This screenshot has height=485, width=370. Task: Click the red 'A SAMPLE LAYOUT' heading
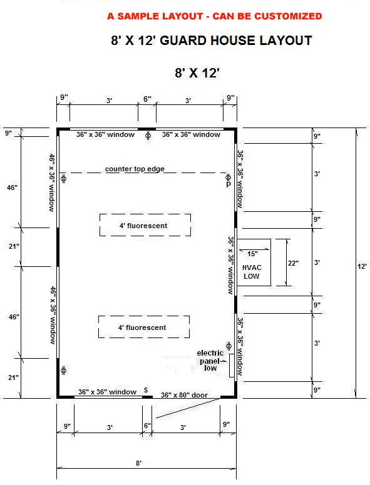(x=215, y=16)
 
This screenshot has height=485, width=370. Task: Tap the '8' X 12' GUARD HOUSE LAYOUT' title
(x=212, y=41)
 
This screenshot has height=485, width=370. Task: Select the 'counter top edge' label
(x=135, y=169)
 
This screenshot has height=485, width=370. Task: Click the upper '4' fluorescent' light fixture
(x=145, y=225)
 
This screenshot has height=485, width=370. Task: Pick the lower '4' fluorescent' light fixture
(x=144, y=327)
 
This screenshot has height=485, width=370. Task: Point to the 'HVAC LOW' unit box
(x=254, y=262)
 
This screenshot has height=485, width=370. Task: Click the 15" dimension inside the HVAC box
(x=252, y=254)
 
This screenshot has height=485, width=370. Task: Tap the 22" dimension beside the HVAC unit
(x=293, y=263)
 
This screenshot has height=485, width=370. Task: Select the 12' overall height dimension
(x=362, y=266)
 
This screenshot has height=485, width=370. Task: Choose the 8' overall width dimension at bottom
(x=138, y=463)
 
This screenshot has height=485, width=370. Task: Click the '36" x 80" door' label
(x=184, y=395)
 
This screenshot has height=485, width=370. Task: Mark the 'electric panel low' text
(x=210, y=361)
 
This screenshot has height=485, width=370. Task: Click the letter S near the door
(x=146, y=390)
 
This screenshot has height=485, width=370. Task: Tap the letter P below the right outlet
(x=229, y=184)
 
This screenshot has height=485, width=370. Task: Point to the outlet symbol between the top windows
(x=148, y=136)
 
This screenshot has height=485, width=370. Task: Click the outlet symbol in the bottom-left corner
(x=63, y=370)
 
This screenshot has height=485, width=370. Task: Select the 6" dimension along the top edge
(x=147, y=99)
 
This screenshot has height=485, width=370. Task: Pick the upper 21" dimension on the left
(x=14, y=246)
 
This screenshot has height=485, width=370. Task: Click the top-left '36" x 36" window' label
(x=105, y=134)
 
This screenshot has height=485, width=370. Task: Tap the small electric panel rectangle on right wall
(x=232, y=366)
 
